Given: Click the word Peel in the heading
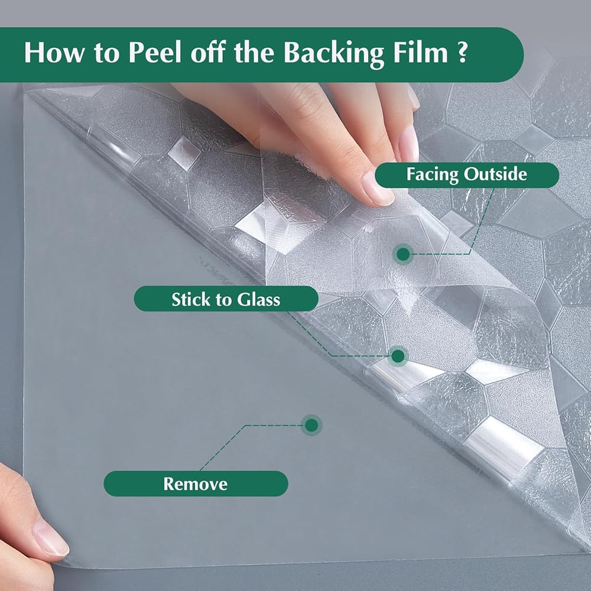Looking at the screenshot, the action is pyautogui.click(x=156, y=53).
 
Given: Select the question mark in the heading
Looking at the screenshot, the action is pyautogui.click(x=462, y=53).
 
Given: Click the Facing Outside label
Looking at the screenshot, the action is pyautogui.click(x=467, y=175).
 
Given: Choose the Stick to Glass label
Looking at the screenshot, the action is pyautogui.click(x=226, y=299).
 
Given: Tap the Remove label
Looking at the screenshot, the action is pyautogui.click(x=196, y=483).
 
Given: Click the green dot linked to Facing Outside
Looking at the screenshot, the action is pyautogui.click(x=403, y=254).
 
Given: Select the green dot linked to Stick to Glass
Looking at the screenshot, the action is pyautogui.click(x=398, y=356).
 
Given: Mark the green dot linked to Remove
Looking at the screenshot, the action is pyautogui.click(x=311, y=426).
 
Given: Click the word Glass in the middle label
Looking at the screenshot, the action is pyautogui.click(x=258, y=299).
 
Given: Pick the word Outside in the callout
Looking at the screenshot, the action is pyautogui.click(x=495, y=174).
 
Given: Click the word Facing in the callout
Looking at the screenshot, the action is pyautogui.click(x=433, y=175).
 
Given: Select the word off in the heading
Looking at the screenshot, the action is pyautogui.click(x=208, y=53).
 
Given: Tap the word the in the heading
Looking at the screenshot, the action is pyautogui.click(x=254, y=53).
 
